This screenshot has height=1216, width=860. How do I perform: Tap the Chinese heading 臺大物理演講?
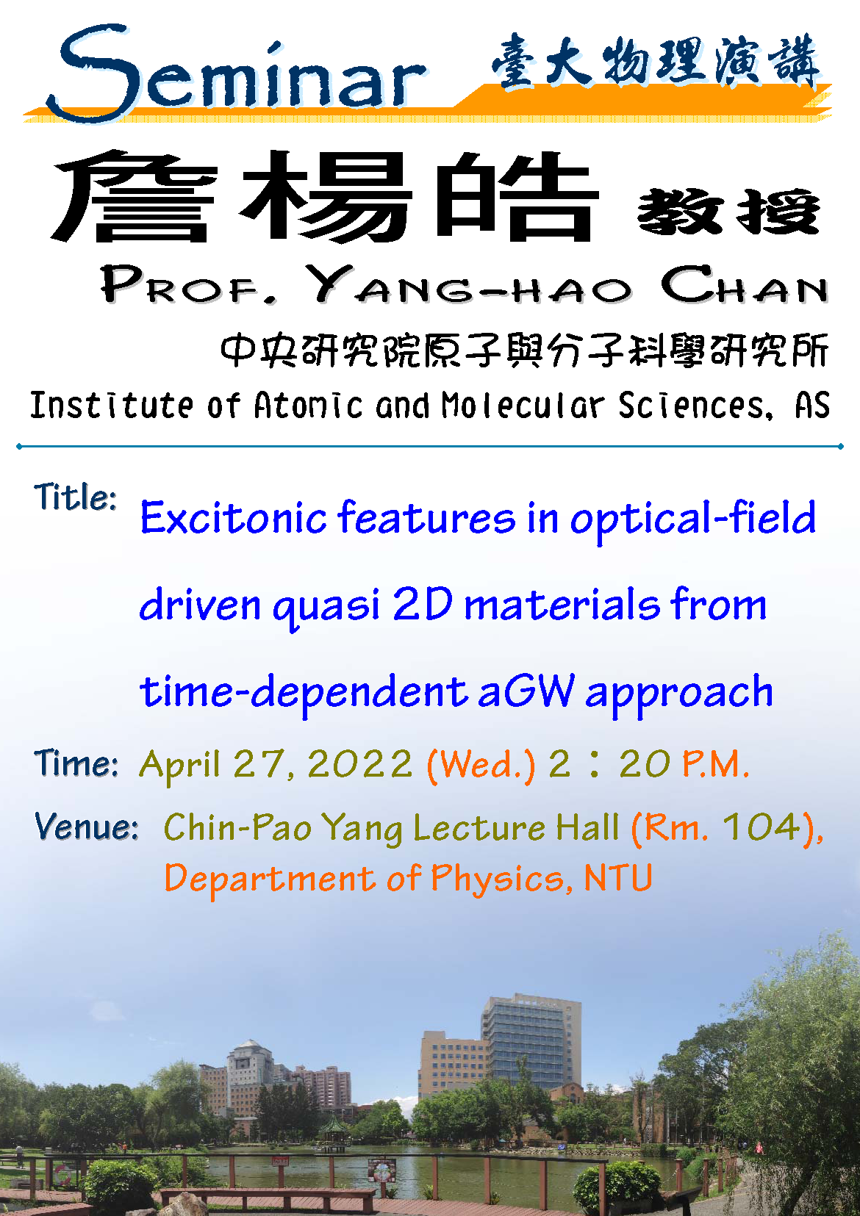pyautogui.click(x=656, y=61)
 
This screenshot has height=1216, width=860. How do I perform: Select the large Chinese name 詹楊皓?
pyautogui.click(x=325, y=196)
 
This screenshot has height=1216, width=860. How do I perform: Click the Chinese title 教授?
pyautogui.click(x=728, y=212)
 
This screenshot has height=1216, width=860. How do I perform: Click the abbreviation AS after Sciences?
pyautogui.click(x=812, y=405)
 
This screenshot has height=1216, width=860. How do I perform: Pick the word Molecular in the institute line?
pyautogui.click(x=523, y=405)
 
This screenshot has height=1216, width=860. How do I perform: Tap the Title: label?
pyautogui.click(x=75, y=497)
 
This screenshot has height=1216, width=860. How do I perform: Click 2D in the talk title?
pyautogui.click(x=423, y=603)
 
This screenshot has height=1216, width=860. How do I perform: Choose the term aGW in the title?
pyautogui.click(x=526, y=691)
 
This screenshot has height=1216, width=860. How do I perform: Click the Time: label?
pyautogui.click(x=76, y=763)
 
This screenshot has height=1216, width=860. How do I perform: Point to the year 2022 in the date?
pyautogui.click(x=360, y=764)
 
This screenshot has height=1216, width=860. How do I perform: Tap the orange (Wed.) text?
pyautogui.click(x=481, y=765)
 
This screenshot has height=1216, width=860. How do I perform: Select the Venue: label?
pyautogui.click(x=86, y=827)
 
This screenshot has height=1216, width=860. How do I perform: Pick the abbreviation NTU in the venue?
pyautogui.click(x=618, y=878)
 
